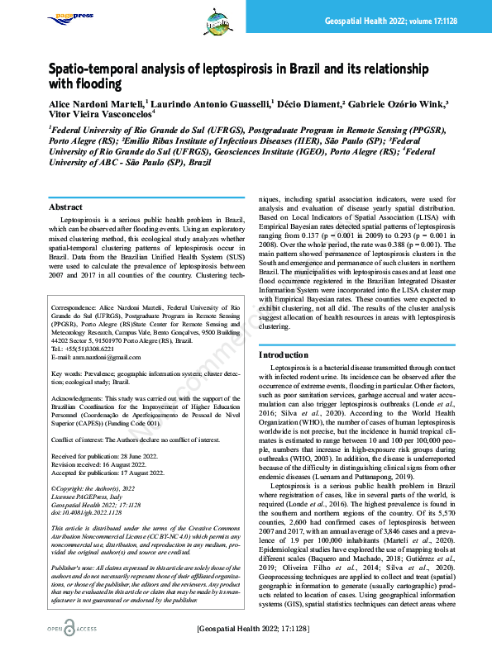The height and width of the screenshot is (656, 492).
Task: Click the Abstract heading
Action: tap(65, 207)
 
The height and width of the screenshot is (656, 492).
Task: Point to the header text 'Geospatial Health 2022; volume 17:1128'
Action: tap(402, 18)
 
